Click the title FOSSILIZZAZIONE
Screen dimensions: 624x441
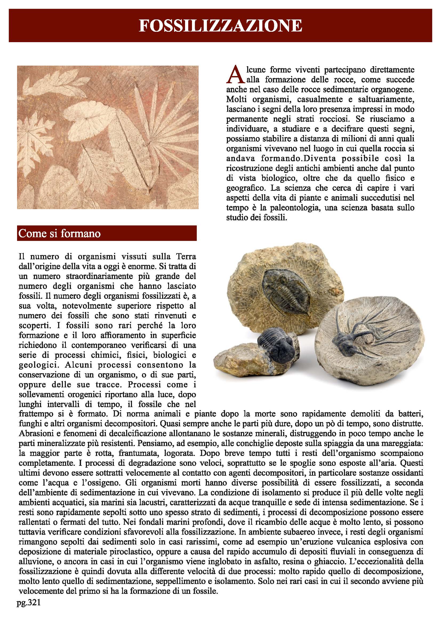(220, 26)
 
